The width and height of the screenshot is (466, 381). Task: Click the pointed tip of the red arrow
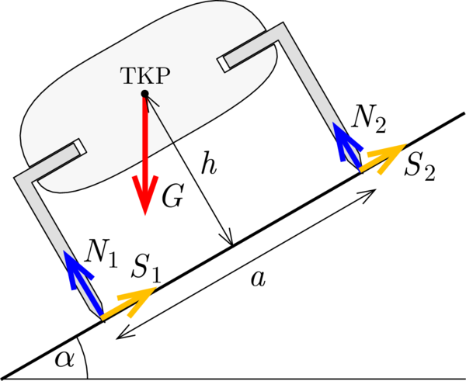click(x=145, y=215)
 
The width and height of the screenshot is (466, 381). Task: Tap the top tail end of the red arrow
click(x=144, y=99)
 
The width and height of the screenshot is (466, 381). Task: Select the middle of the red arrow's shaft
click(x=144, y=151)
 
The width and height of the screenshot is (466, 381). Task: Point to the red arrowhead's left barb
click(x=134, y=178)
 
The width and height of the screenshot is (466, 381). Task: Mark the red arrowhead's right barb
click(x=157, y=178)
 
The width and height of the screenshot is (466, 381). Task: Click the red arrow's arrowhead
click(x=145, y=194)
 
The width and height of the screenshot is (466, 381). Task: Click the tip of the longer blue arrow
click(x=64, y=251)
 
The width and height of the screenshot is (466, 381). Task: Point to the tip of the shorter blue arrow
click(x=332, y=122)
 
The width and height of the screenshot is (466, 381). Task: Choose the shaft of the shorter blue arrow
click(x=350, y=151)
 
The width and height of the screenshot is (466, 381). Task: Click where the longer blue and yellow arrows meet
click(x=102, y=317)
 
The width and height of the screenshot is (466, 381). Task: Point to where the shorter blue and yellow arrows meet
click(x=360, y=170)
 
